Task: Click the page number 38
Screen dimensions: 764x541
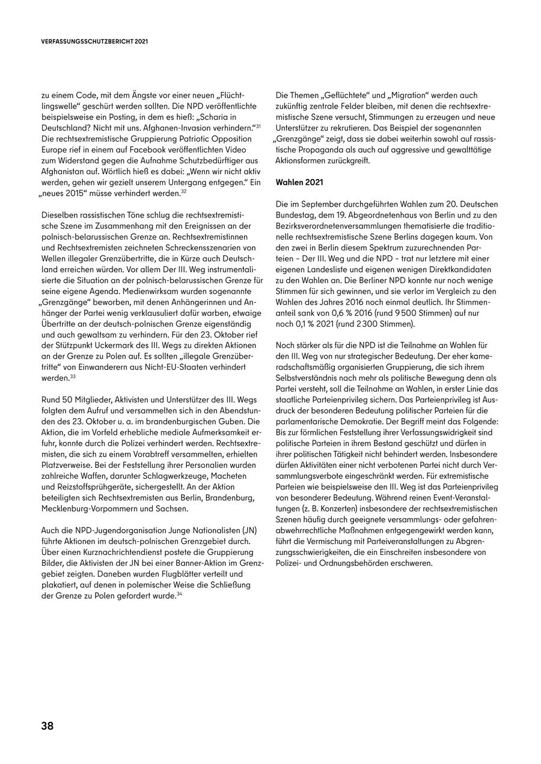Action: [47, 726]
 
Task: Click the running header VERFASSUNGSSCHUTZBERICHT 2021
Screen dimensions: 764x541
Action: [94, 43]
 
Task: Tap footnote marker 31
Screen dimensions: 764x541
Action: [257, 127]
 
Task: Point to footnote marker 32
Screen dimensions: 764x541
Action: [184, 192]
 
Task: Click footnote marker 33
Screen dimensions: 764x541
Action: [72, 377]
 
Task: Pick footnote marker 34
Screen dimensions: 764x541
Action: [179, 594]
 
